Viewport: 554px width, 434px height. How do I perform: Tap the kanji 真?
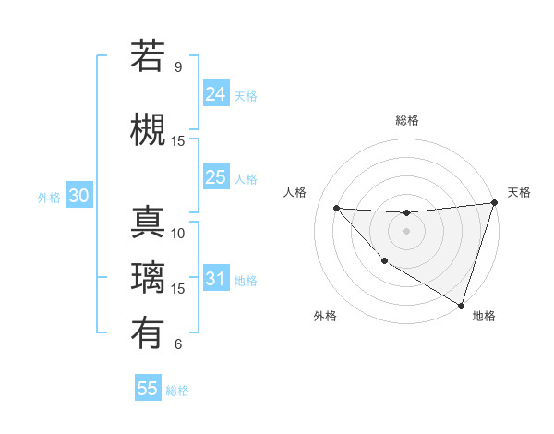coord(148,223)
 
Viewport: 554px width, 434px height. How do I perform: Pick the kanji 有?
coord(148,333)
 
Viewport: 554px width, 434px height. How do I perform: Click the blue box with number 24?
coord(216,94)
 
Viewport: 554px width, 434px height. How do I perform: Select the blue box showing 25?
coord(216,177)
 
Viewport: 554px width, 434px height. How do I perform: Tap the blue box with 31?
coord(216,279)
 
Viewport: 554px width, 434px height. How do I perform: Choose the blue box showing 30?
coord(78,196)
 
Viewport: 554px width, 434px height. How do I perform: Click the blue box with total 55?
coord(148,389)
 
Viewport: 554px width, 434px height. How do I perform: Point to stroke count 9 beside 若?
coord(178,67)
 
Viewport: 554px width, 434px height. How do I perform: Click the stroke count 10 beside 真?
coord(178,234)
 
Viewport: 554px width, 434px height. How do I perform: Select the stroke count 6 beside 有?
coord(178,344)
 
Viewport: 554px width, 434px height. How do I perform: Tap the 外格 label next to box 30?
coord(49,197)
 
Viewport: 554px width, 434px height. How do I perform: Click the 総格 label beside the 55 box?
coord(177,391)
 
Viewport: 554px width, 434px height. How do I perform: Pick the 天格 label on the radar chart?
coord(519,192)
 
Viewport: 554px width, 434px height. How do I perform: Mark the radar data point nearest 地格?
coord(461,305)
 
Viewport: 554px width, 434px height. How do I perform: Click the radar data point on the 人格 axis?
coord(336,208)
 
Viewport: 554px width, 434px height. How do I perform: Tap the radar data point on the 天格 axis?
coord(494,203)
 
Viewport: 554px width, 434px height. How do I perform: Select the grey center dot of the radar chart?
coord(406,231)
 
